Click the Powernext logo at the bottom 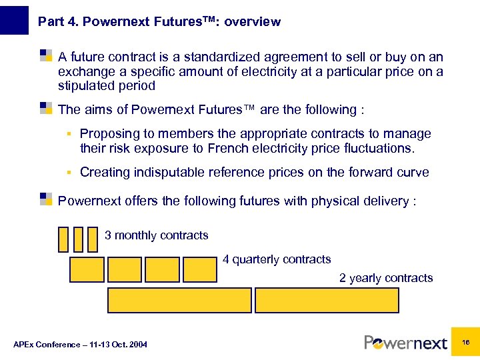coord(405,343)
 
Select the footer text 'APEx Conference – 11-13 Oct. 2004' coord(80,344)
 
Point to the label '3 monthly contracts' coord(156,235)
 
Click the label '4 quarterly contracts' coord(277,259)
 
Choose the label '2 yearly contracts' coord(386,278)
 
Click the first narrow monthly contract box coord(63,239)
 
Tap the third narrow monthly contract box coord(92,239)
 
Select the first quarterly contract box coord(87,270)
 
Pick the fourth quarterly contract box coord(199,270)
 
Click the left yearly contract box coord(179,301)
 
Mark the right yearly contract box coord(327,301)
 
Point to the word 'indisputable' coord(169,173)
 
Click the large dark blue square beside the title coord(15,20)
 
